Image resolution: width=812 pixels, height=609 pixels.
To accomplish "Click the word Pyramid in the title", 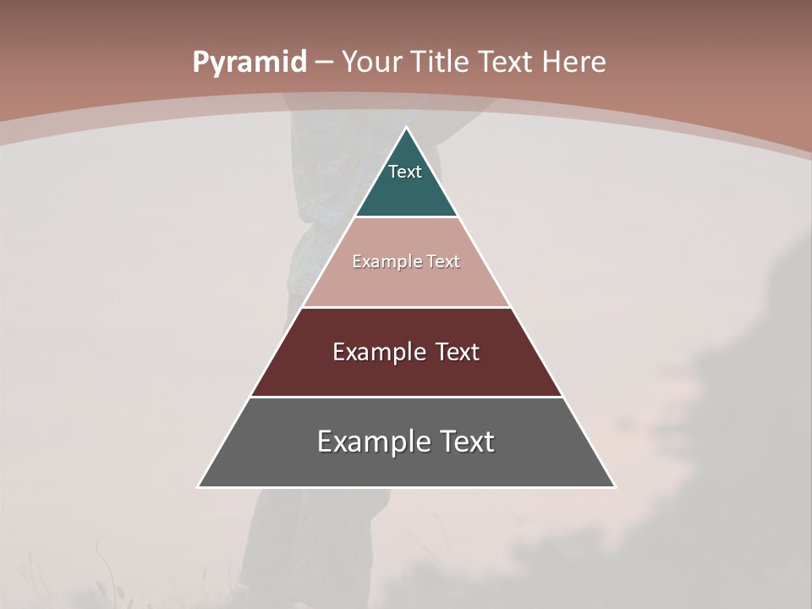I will [249, 63].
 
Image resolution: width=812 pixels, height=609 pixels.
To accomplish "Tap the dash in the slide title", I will [324, 63].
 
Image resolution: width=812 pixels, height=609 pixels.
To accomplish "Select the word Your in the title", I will [372, 62].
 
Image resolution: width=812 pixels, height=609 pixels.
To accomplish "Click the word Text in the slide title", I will [505, 62].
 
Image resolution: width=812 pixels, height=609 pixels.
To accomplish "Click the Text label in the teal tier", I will [405, 172].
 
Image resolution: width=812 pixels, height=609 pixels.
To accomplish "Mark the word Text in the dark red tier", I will [458, 352].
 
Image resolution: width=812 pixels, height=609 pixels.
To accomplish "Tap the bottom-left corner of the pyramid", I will [199, 486].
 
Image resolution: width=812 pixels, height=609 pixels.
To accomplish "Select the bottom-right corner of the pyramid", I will [615, 486].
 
